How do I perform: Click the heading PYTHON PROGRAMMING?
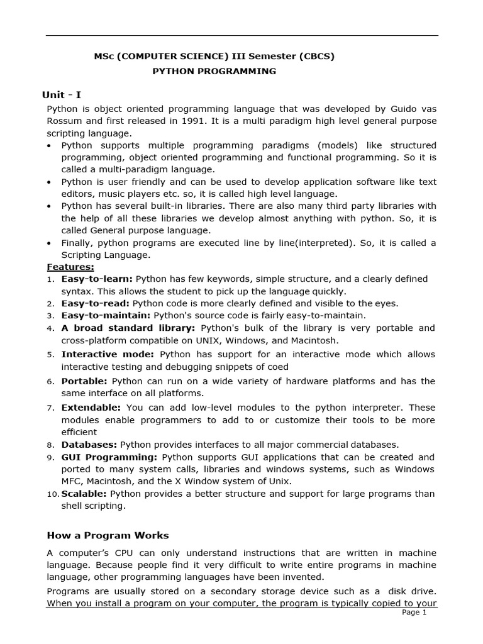[x=214, y=71]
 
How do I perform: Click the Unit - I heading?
[x=61, y=95]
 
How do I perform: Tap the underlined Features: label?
[x=70, y=267]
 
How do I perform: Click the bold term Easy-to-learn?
[x=97, y=279]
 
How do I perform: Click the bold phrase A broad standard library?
[x=128, y=328]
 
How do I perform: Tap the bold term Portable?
[x=84, y=381]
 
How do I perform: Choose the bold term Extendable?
[x=92, y=408]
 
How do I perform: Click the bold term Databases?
[x=89, y=445]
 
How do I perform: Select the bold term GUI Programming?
[x=109, y=457]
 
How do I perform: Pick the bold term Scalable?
[x=85, y=494]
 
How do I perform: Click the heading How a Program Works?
[x=108, y=535]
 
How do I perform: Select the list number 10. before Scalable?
[x=53, y=494]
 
